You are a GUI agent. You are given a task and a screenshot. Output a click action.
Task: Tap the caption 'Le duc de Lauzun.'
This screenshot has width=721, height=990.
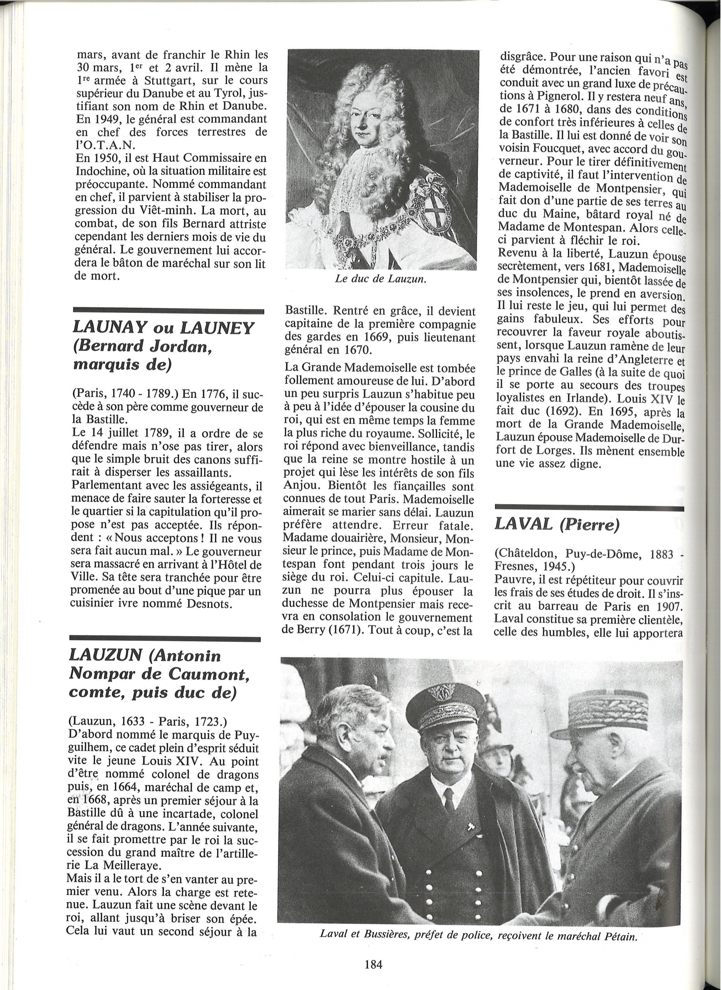point(380,280)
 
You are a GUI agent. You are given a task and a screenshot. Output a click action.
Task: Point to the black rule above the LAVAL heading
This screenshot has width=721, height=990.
point(589,508)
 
